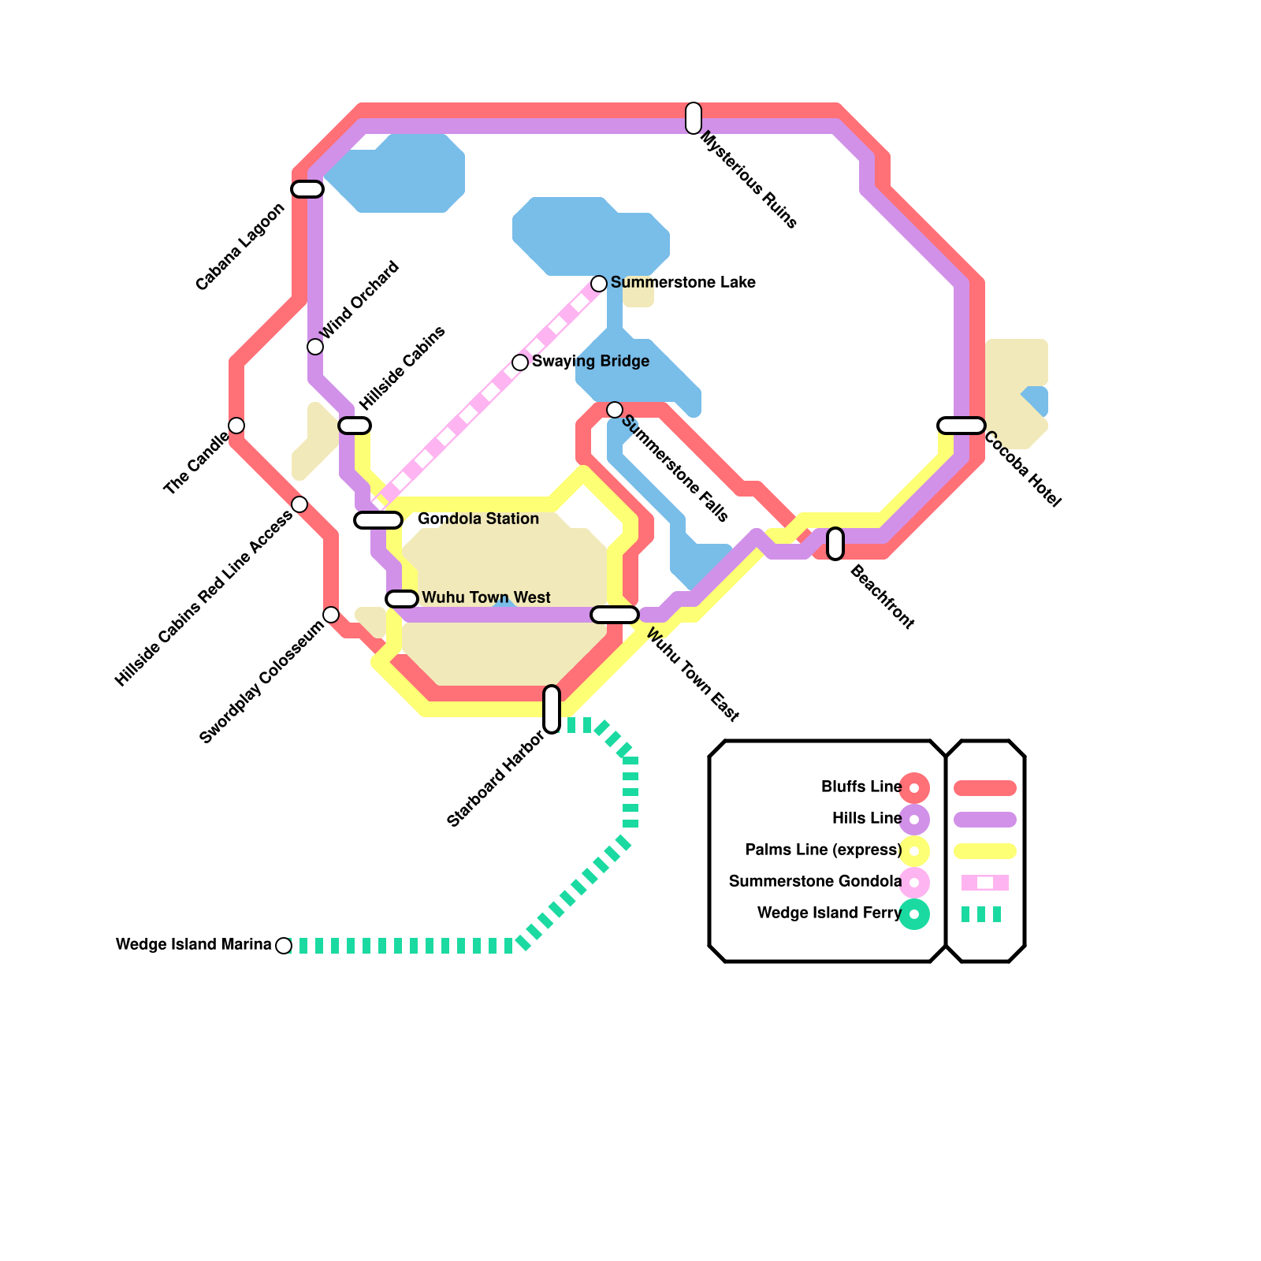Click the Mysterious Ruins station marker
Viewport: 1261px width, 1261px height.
click(694, 118)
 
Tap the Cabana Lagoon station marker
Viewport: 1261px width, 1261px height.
click(307, 189)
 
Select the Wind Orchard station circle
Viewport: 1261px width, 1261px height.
click(315, 347)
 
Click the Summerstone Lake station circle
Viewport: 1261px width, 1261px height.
click(599, 284)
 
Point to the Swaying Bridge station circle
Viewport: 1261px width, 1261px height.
click(520, 363)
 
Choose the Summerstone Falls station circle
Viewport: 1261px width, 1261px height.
click(615, 410)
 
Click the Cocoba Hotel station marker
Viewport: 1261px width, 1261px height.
click(962, 426)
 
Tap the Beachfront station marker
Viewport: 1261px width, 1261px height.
click(835, 544)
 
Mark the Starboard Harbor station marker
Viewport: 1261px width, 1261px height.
click(552, 709)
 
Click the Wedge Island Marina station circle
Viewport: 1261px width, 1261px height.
click(284, 946)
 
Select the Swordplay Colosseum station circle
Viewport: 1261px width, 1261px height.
click(331, 615)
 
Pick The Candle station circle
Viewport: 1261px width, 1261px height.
click(236, 426)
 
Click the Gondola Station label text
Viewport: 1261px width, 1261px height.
click(478, 519)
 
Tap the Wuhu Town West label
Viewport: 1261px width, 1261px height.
click(486, 597)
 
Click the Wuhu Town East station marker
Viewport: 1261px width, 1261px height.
click(615, 615)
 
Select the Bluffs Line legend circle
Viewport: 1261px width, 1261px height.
click(914, 788)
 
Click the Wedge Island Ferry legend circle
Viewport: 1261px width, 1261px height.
click(914, 914)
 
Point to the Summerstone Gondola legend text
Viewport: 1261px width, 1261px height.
click(815, 881)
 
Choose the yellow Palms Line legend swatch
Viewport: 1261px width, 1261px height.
click(985, 851)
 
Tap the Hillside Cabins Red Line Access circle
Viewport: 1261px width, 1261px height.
click(299, 504)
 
